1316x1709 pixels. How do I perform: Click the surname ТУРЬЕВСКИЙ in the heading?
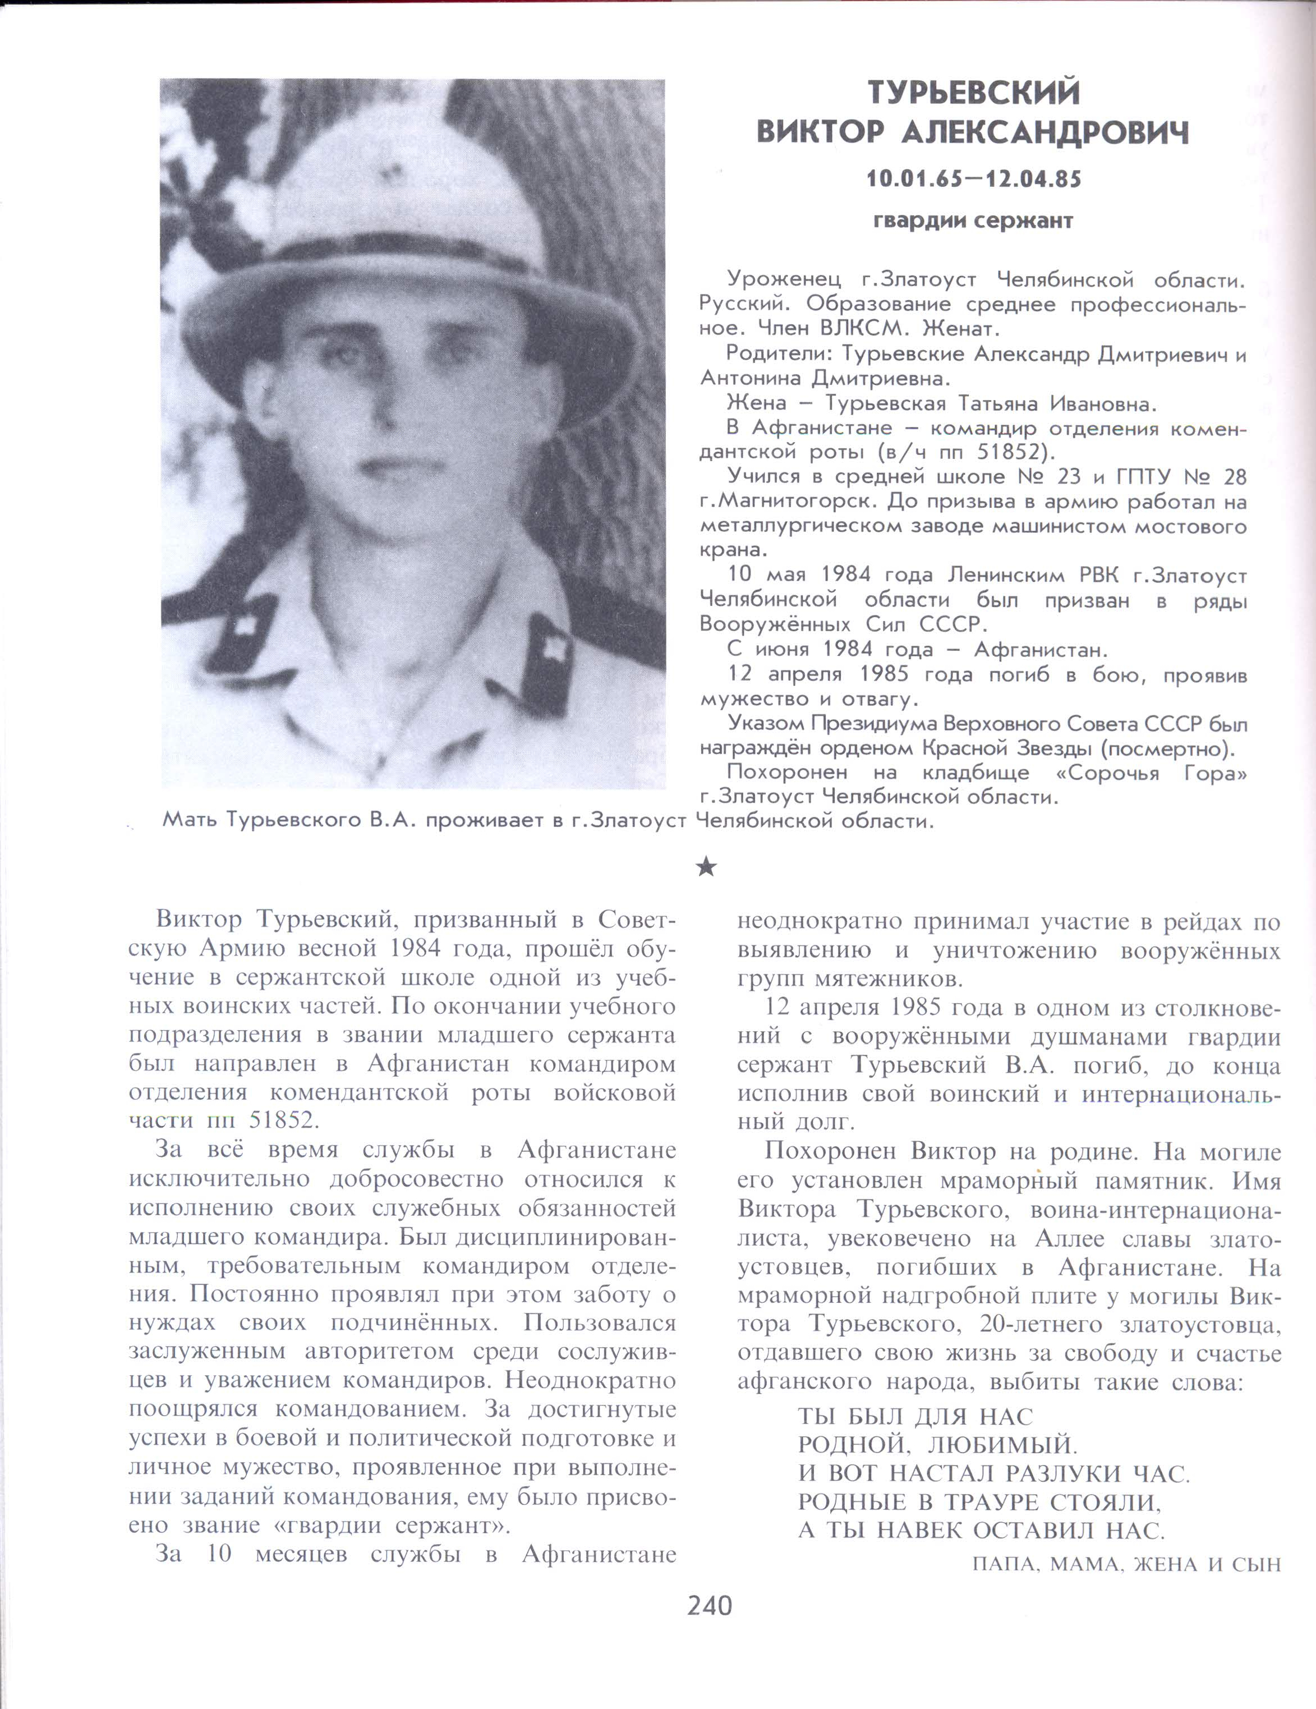pos(973,93)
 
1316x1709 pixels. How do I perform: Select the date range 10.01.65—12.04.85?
pos(973,179)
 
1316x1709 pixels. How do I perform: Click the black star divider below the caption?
pos(706,866)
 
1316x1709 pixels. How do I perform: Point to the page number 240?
pos(710,1605)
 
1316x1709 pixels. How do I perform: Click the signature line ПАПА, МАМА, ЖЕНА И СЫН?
pos(1126,1564)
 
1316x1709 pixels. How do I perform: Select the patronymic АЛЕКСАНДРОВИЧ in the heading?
pos(1045,133)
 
